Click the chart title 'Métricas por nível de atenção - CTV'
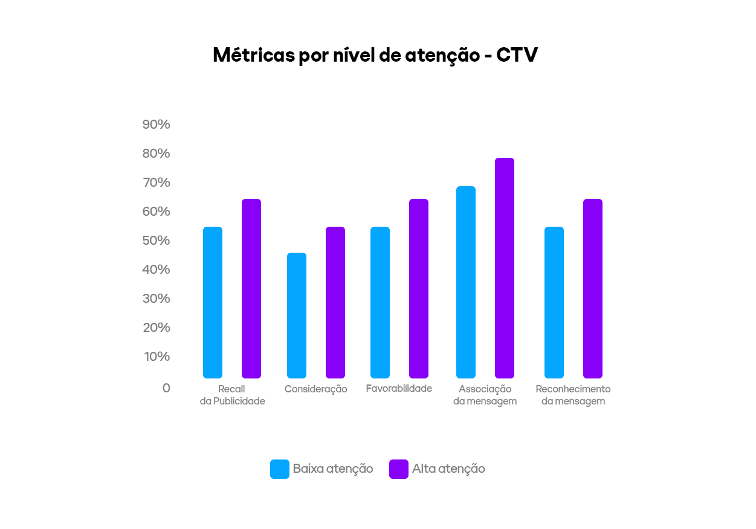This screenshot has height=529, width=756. pyautogui.click(x=375, y=55)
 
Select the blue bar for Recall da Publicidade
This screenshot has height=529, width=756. pyautogui.click(x=213, y=302)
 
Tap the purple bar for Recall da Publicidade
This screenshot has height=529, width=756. pyautogui.click(x=251, y=288)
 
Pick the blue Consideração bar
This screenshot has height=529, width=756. pyautogui.click(x=297, y=315)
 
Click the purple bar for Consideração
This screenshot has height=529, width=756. pyautogui.click(x=335, y=302)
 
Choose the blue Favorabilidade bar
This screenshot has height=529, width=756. pyautogui.click(x=380, y=302)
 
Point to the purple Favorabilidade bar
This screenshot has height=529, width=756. pyautogui.click(x=419, y=288)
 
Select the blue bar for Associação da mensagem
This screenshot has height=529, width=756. pyautogui.click(x=466, y=282)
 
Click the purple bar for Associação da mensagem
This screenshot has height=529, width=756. pyautogui.click(x=505, y=268)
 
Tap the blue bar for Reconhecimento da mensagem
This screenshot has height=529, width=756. pyautogui.click(x=554, y=302)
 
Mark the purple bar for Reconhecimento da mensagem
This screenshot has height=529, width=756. pyautogui.click(x=593, y=288)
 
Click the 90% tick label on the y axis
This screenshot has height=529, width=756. pyautogui.click(x=157, y=125)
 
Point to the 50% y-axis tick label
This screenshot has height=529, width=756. pyautogui.click(x=157, y=241)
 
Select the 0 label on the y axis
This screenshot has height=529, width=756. pyautogui.click(x=166, y=388)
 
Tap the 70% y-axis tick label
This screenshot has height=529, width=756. pyautogui.click(x=157, y=183)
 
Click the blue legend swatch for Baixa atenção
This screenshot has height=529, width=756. pyautogui.click(x=280, y=469)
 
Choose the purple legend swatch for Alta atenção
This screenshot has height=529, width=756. pyautogui.click(x=399, y=469)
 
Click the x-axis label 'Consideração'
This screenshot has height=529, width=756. pyautogui.click(x=316, y=389)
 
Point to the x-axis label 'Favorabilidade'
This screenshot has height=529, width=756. pyautogui.click(x=399, y=388)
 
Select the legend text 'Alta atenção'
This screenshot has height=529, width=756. pyautogui.click(x=448, y=469)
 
